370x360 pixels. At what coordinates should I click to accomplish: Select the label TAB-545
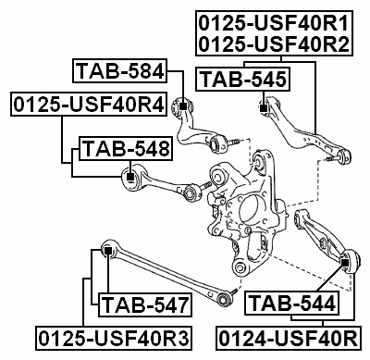[244, 80]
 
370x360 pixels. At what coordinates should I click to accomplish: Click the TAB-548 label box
[125, 148]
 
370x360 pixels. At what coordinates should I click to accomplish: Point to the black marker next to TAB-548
[131, 174]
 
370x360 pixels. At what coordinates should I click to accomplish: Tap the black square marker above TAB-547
[108, 249]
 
